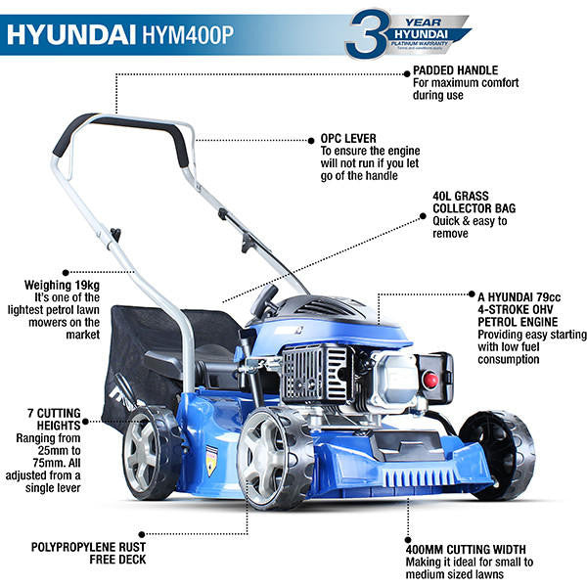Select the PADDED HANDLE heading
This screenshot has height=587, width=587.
point(456,71)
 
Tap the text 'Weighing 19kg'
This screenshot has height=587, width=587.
point(66,285)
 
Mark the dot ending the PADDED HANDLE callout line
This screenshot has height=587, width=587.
point(116,71)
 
